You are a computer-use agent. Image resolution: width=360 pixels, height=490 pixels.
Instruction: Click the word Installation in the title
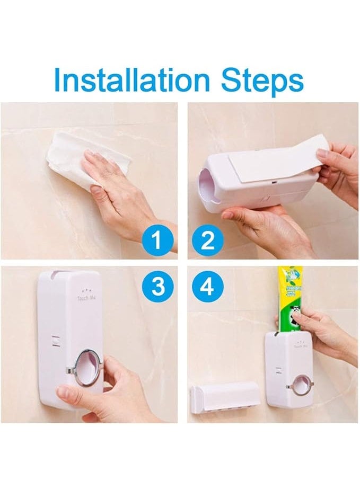click(x=129, y=80)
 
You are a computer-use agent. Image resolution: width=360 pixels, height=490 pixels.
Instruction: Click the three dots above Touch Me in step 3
click(x=84, y=291)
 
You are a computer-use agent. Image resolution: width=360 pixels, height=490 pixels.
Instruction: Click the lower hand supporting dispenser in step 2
click(x=265, y=225)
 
